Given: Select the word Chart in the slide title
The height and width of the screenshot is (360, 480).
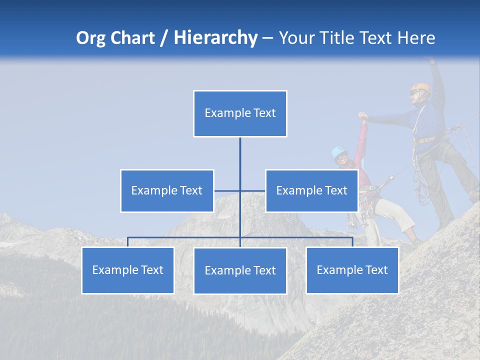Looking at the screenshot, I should coord(133,38).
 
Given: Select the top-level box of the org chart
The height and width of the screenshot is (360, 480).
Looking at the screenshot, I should coord(240,113).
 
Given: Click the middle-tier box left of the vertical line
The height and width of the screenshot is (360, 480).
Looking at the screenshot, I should coord(167,190).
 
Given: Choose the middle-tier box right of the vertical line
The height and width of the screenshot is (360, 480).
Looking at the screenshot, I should coord(311,190).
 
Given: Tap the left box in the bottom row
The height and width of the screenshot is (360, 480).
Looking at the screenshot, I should coord(127,270).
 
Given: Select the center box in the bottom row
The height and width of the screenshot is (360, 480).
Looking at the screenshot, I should coord(240,271).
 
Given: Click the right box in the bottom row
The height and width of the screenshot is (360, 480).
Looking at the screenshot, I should coord(352,270).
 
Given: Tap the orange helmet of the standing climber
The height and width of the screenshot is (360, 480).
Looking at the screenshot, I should coord(422,88).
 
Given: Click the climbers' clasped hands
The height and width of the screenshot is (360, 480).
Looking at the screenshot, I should coord(362,117).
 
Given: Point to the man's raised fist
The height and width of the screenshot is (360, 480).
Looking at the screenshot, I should coord(429,59).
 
